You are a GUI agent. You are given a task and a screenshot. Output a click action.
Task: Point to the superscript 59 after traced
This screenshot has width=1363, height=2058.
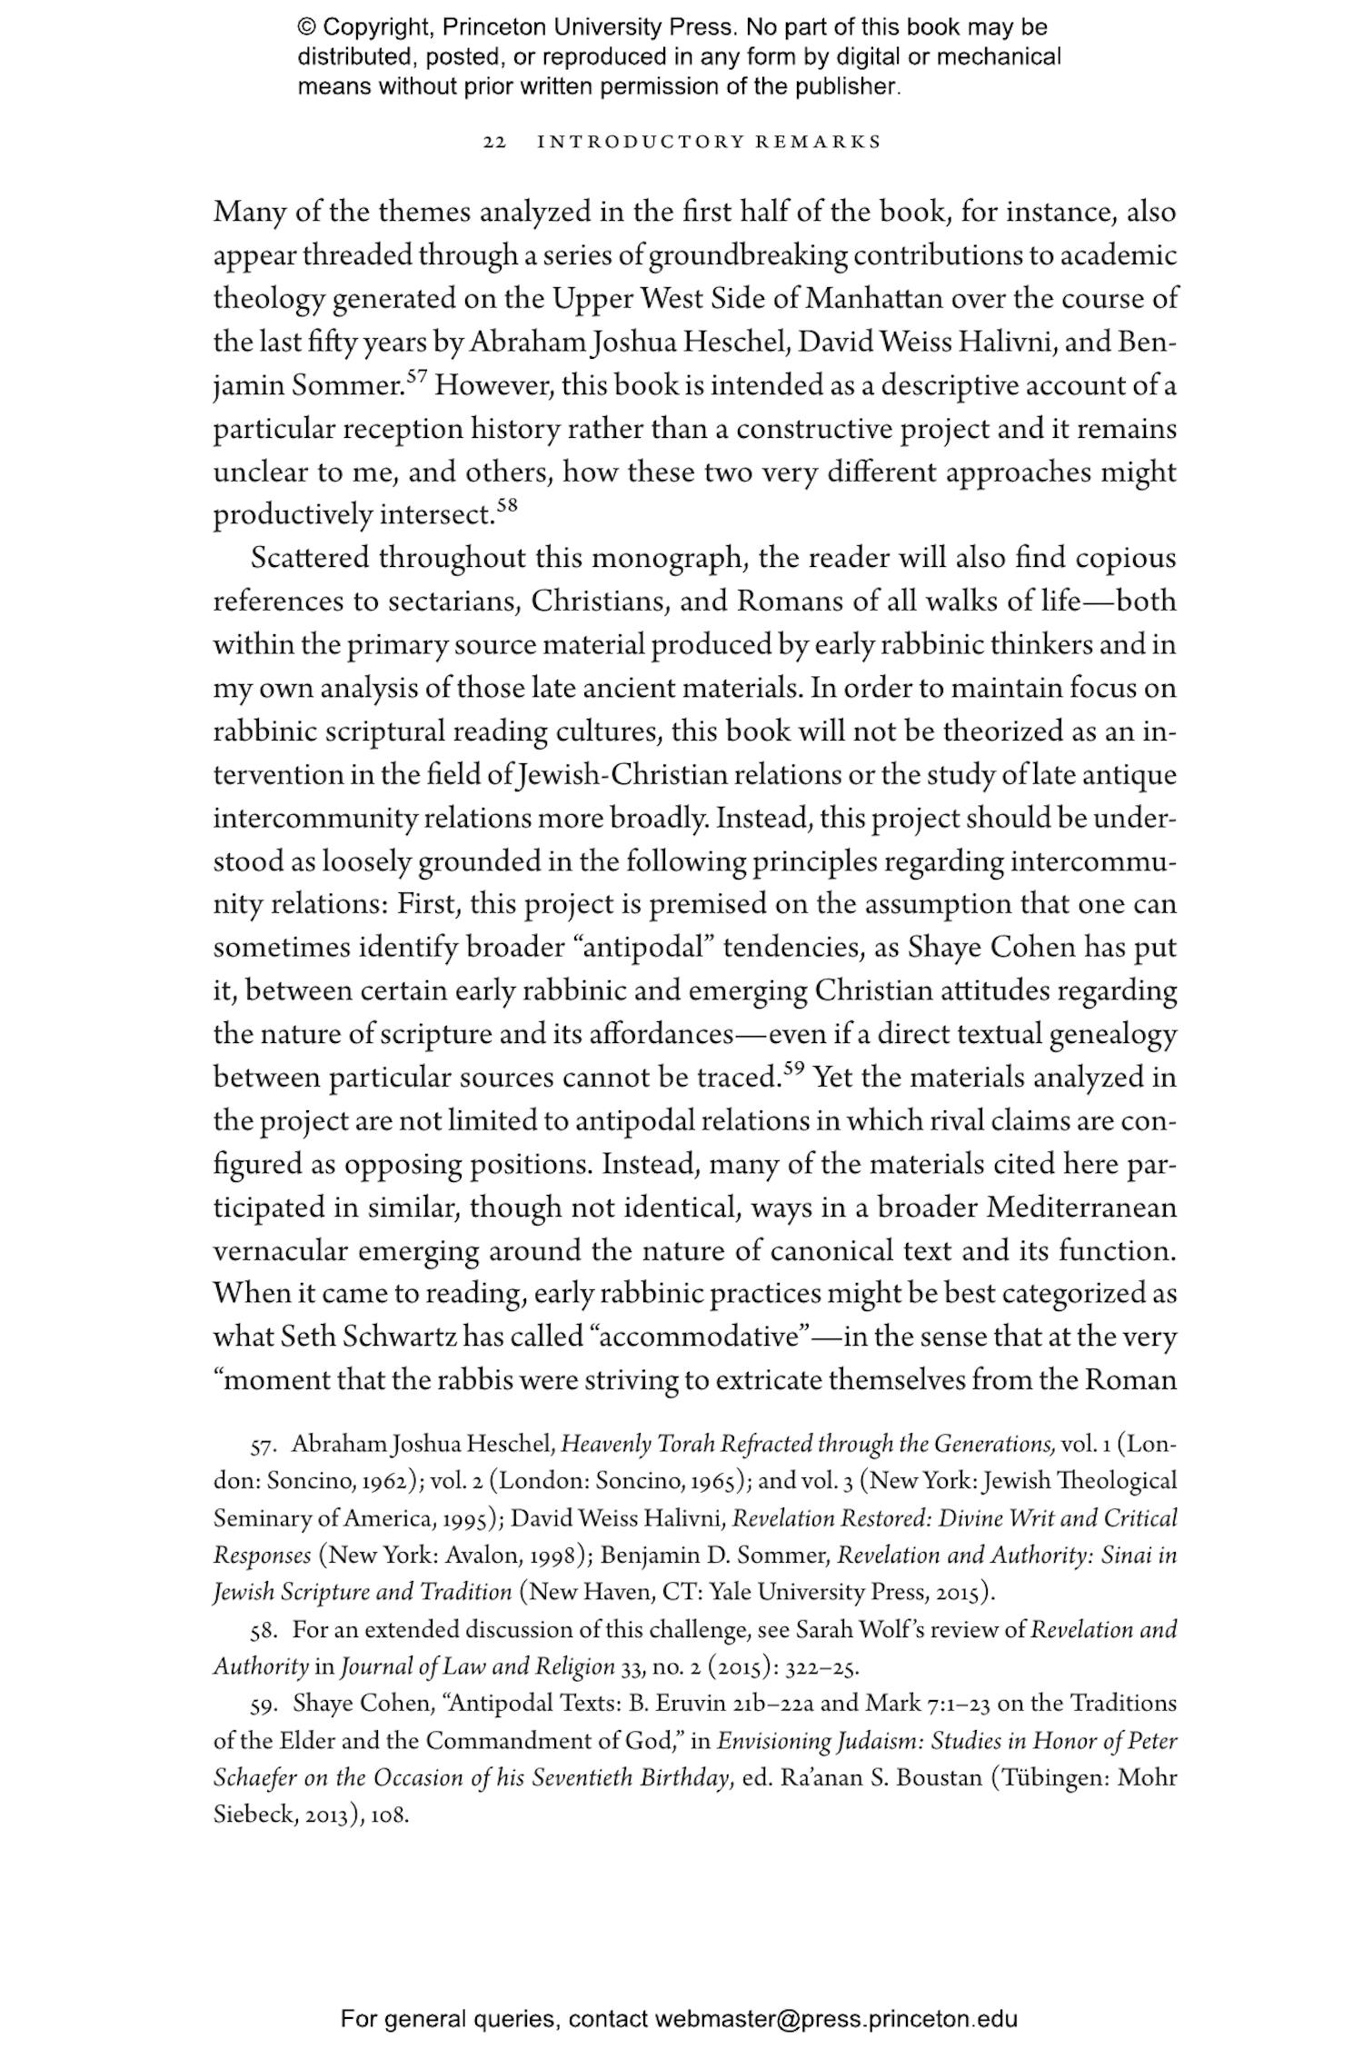[793, 1069]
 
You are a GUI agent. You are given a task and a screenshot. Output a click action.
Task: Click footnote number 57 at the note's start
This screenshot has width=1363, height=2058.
[263, 1446]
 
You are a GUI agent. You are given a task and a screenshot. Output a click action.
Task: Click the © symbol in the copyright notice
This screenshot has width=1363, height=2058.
[305, 27]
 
